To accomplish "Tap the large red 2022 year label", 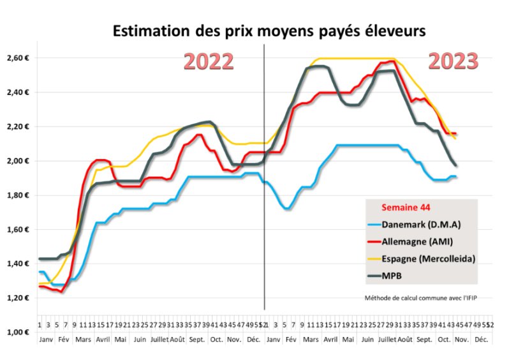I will [209, 61].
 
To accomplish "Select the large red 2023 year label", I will [453, 61].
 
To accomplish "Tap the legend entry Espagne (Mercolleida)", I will [426, 258].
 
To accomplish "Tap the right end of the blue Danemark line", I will [456, 177].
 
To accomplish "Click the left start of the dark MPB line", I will [40, 259].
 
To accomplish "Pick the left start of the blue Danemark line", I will [40, 272].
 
